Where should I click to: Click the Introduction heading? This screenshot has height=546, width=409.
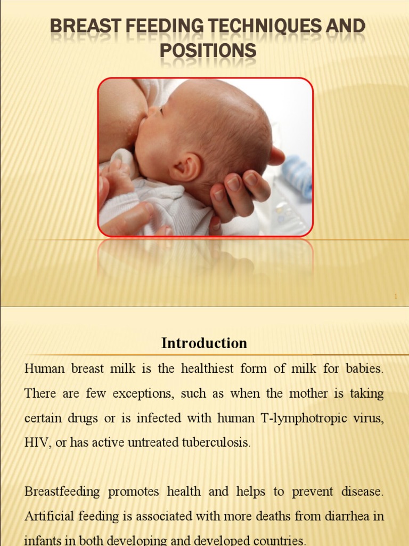pos(204,343)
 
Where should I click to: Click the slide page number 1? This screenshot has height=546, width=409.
pos(396,296)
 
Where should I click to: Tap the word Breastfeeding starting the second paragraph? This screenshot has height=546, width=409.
pos(62,492)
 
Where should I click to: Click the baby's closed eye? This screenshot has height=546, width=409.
pos(161,111)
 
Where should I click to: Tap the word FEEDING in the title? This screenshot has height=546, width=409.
pos(159,27)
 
